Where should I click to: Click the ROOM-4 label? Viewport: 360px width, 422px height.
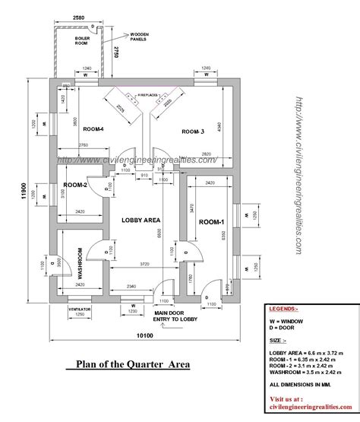click(94, 130)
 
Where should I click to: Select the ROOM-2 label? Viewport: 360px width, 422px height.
click(75, 186)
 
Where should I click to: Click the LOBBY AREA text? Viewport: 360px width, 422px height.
click(141, 219)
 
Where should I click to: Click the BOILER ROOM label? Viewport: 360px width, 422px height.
click(83, 39)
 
